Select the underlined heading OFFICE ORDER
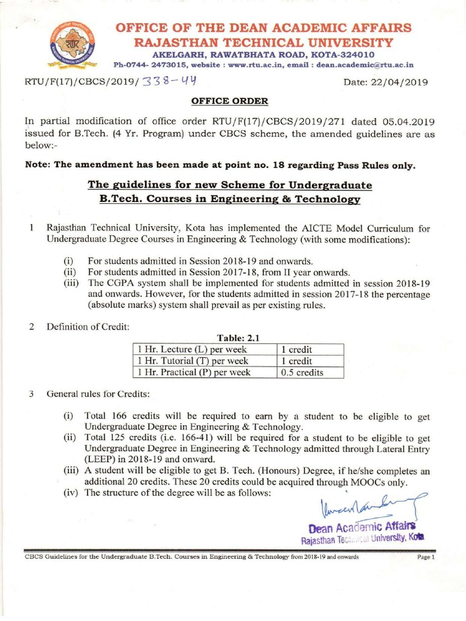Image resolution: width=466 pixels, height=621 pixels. pos(229,101)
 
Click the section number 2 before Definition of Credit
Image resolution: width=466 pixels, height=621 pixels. pos(30,327)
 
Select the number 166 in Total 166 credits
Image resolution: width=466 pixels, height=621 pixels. pos(120,416)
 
